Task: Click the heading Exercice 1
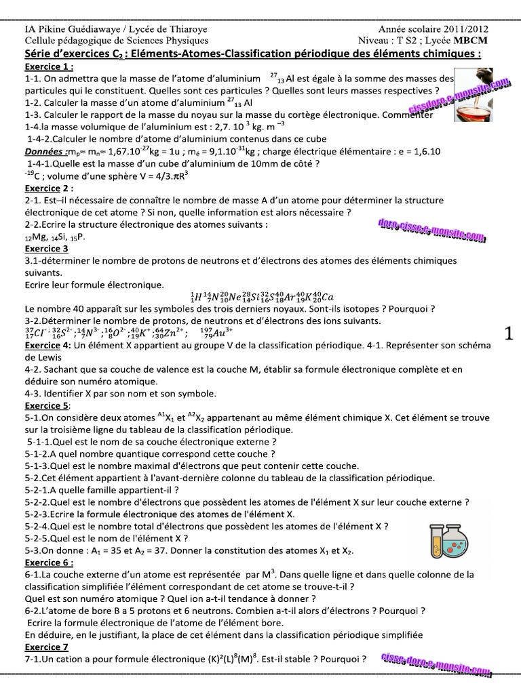click(x=50, y=68)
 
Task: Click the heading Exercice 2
click(x=50, y=188)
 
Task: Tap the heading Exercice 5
click(x=47, y=405)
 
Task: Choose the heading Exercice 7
click(x=47, y=648)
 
